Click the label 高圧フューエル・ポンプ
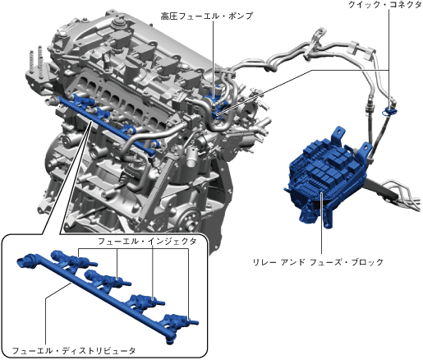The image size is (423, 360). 206,16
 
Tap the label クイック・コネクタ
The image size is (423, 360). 384,5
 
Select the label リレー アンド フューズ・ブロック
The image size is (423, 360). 318,262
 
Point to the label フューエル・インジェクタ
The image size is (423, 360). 147,242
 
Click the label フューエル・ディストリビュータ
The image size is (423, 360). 74,351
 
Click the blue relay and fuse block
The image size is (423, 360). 326,175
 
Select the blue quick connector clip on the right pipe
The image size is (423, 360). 389,110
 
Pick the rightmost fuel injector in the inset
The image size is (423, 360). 181,321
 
